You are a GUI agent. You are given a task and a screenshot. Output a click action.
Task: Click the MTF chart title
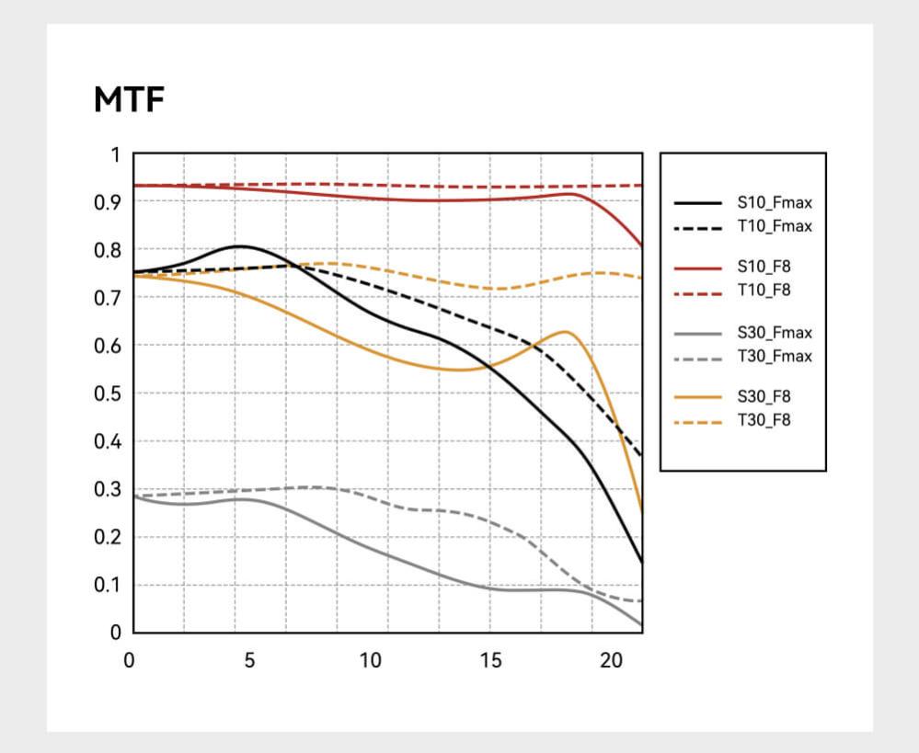click(129, 100)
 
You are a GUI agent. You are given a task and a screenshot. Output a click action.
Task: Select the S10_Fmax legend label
click(775, 203)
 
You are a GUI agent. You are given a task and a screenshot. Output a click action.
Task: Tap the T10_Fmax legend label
click(775, 226)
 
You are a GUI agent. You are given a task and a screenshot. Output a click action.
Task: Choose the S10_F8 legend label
click(764, 267)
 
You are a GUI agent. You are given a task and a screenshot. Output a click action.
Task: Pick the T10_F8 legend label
click(764, 290)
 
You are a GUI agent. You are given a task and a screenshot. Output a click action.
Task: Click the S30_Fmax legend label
click(775, 332)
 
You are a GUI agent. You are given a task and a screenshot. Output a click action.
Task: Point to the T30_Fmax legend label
click(775, 356)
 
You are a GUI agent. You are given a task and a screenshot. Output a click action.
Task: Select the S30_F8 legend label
click(764, 396)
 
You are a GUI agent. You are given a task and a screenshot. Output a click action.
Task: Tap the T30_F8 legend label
click(764, 420)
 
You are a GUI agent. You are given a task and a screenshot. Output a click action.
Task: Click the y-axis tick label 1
click(115, 154)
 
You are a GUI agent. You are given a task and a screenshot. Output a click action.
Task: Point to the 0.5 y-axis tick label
click(109, 394)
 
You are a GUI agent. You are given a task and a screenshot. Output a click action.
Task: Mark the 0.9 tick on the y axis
click(109, 202)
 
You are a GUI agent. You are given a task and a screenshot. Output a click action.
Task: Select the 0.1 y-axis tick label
click(109, 585)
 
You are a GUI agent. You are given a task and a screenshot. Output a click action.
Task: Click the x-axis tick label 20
click(612, 660)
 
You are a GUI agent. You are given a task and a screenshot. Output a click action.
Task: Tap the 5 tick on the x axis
click(250, 660)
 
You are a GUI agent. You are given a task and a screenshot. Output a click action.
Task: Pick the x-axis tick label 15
click(491, 660)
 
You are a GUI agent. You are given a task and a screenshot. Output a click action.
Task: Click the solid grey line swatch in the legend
click(697, 333)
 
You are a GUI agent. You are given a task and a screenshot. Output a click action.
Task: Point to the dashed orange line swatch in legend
click(697, 420)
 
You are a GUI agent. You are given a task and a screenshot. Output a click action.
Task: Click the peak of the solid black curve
click(239, 245)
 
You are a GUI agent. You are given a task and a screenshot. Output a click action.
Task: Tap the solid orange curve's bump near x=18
click(566, 331)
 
